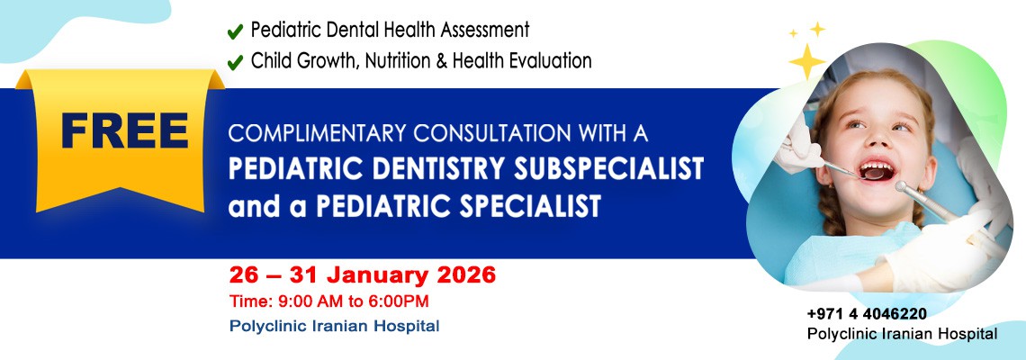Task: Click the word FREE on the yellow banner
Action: pos(124,131)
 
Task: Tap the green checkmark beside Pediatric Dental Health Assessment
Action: pos(235,31)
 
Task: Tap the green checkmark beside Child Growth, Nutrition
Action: pos(235,62)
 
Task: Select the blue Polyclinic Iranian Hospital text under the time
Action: pos(334,326)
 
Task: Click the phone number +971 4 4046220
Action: pos(867,314)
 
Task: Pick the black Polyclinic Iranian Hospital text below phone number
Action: pos(902,334)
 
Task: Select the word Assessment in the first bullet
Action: pos(485,30)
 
